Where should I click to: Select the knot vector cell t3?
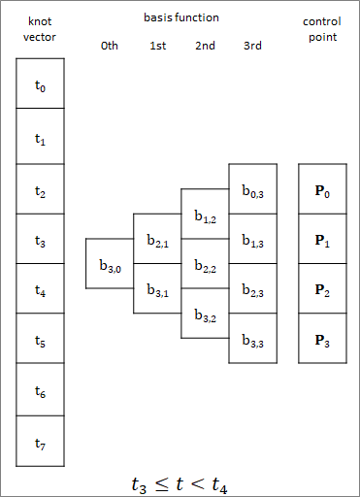(40, 239)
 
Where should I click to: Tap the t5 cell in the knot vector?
(40, 341)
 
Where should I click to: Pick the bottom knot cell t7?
(40, 443)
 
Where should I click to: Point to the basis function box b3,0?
(109, 263)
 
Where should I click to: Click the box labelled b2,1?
(157, 239)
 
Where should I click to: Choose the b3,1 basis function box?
(157, 288)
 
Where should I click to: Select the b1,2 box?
(205, 214)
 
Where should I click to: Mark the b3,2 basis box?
(205, 314)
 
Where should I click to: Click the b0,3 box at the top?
(252, 189)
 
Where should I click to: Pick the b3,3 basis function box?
(252, 339)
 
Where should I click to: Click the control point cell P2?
(322, 289)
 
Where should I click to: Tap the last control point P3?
(322, 339)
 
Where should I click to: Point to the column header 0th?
(110, 46)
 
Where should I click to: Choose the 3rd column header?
(253, 46)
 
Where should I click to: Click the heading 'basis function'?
(181, 17)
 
